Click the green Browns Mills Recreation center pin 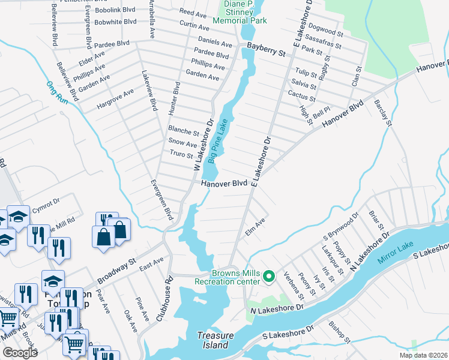(x=269, y=277)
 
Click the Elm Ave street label (x=255, y=227)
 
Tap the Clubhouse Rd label (x=161, y=299)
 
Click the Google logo (x=21, y=353)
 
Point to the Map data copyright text (x=423, y=355)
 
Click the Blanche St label (x=183, y=131)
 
